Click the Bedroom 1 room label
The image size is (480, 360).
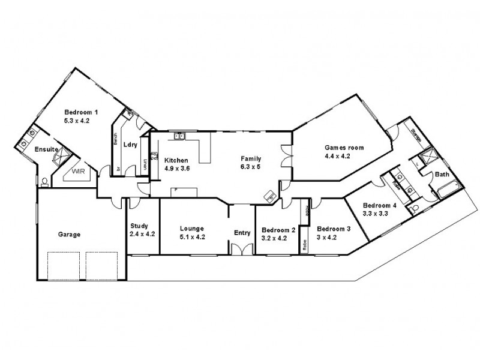(x=81, y=112)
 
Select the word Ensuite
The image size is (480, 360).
(x=46, y=149)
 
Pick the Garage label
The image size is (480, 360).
(x=69, y=235)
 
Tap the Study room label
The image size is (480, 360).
(x=139, y=226)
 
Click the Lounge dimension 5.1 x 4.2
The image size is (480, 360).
(x=193, y=236)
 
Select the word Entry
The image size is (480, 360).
(x=242, y=234)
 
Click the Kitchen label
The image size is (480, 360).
(x=176, y=160)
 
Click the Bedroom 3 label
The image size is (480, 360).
(x=334, y=229)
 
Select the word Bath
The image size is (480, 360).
(x=442, y=175)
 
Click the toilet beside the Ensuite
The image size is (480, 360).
(x=44, y=181)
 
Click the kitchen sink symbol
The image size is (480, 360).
(x=179, y=137)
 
